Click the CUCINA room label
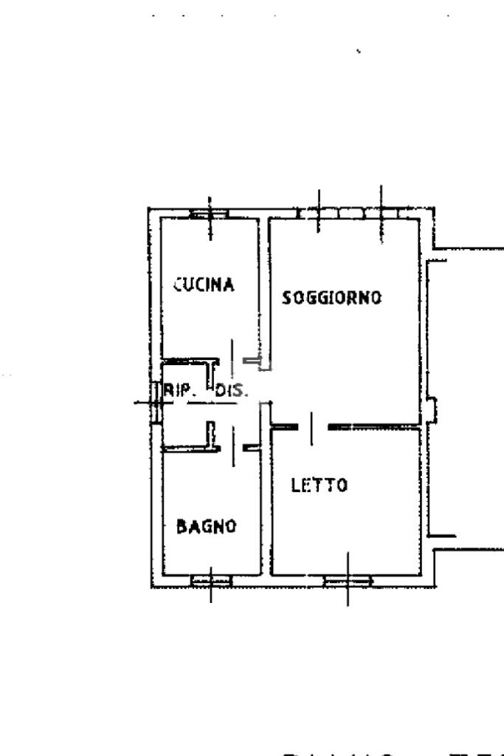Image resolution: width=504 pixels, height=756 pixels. coord(204,285)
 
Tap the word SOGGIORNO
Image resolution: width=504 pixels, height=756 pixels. coord(332,298)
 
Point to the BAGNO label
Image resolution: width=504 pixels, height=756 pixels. coord(206,526)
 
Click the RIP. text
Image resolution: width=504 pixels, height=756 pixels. coord(176,392)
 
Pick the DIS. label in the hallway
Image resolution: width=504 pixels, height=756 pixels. coord(232,392)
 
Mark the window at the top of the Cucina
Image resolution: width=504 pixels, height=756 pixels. coord(210,214)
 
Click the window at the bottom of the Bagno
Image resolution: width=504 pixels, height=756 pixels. coord(211,580)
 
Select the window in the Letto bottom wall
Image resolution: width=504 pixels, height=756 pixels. coord(347,581)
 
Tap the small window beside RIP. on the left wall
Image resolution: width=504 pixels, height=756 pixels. coord(156,403)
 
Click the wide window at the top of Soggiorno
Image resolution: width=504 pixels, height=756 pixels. coord(351,214)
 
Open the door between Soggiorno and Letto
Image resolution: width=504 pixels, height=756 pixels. coord(311,426)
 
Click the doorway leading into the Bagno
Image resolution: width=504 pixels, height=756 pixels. coord(232,446)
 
